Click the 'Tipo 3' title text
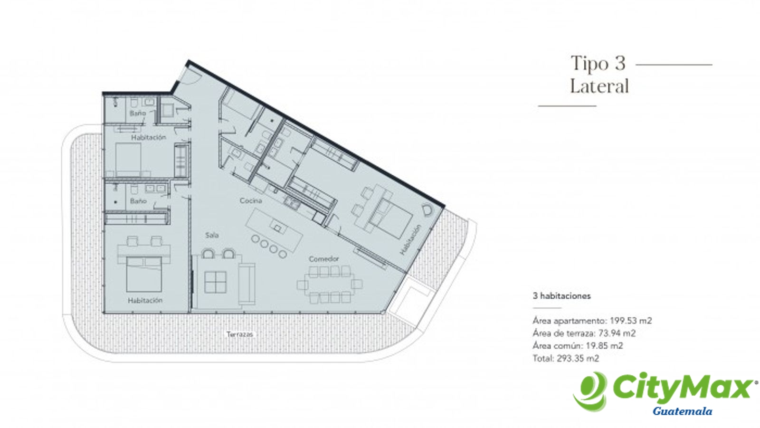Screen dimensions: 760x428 coord(598,63)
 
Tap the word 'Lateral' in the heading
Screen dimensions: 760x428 coord(599,86)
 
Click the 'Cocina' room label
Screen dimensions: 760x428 coord(251,200)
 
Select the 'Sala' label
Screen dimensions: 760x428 coord(212,235)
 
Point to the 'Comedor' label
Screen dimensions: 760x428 coord(323,259)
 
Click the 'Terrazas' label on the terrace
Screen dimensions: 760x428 coord(240,334)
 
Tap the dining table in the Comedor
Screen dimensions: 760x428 coord(330,284)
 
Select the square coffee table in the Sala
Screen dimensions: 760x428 coord(216,282)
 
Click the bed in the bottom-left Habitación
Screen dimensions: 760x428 coord(144,274)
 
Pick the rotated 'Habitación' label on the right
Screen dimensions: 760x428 coord(410,239)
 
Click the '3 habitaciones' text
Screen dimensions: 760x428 coord(561,296)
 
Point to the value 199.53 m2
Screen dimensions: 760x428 coord(631,321)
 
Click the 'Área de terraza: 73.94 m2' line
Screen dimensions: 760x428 coord(584,333)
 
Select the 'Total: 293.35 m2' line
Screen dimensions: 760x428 coord(566,358)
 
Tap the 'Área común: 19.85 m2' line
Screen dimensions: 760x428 coord(578,345)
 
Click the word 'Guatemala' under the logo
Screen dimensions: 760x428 coord(682,411)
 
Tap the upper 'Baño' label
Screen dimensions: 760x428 coord(138,113)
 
